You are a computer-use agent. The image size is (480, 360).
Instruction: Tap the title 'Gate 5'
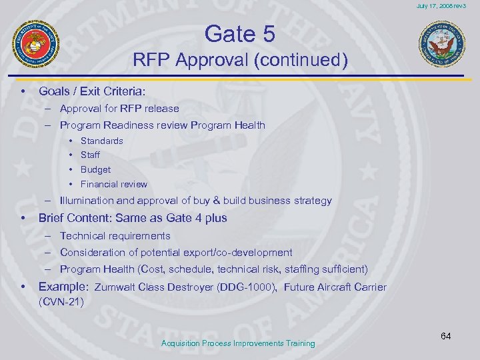240,33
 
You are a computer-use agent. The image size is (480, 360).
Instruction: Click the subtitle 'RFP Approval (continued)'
240,61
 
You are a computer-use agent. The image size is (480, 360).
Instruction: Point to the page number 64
445,336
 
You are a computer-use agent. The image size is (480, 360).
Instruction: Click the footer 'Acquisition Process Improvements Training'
238,343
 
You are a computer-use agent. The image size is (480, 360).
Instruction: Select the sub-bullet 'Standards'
101,141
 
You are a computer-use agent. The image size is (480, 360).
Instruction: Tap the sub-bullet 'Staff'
90,155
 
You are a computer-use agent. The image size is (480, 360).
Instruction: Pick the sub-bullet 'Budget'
95,169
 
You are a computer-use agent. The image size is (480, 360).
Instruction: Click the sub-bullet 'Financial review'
113,184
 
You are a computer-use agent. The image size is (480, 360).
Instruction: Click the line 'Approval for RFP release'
119,108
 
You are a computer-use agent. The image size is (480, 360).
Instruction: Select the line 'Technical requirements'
115,235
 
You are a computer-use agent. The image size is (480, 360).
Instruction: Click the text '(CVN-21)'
61,302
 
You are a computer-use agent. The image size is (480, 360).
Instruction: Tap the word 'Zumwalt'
115,288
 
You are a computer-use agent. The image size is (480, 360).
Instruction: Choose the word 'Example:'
63,287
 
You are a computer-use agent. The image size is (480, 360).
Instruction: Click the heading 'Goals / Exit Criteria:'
91,90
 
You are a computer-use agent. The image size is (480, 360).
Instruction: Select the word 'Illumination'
86,201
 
